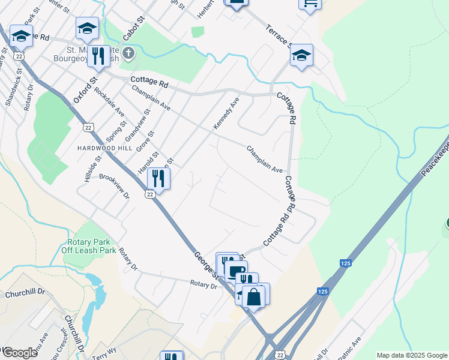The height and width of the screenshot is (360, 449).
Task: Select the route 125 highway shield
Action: pyautogui.click(x=323, y=291)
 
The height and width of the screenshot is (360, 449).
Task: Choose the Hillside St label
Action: pyautogui.click(x=90, y=168)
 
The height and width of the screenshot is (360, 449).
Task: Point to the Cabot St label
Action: pyautogui.click(x=134, y=29)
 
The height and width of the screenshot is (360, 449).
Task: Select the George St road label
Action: pyautogui.click(x=204, y=265)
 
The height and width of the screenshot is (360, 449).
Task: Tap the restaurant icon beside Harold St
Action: pyautogui.click(x=158, y=178)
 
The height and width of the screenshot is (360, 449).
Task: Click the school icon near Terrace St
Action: pyautogui.click(x=301, y=56)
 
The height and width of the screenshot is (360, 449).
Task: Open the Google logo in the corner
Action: pyautogui.click(x=20, y=352)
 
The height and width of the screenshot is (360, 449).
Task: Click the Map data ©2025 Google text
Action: pyautogui.click(x=412, y=355)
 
